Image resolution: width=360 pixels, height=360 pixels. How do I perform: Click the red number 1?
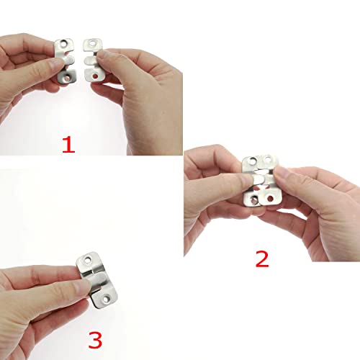(68, 145)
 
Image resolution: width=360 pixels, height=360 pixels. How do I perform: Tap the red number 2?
(262, 259)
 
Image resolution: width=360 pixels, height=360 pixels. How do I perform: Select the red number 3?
(95, 340)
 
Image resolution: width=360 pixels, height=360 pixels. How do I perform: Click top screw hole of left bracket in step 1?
(64, 44)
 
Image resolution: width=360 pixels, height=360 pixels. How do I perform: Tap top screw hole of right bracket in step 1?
(92, 43)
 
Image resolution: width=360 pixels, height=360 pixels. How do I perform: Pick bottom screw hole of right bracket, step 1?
(95, 76)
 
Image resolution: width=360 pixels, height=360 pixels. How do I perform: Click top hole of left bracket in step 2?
(253, 161)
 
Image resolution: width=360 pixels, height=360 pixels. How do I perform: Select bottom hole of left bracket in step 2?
(253, 199)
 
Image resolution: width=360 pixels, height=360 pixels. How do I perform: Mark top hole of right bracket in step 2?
(267, 158)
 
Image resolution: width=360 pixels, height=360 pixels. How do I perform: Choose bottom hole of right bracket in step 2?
(271, 199)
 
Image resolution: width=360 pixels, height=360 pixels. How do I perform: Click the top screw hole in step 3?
(89, 260)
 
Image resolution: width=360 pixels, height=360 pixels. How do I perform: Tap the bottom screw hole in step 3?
(107, 299)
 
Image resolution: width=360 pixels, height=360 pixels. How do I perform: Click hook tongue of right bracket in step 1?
(89, 60)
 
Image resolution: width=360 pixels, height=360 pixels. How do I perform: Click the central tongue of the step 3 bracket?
(98, 280)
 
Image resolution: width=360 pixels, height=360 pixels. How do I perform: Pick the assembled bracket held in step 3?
(96, 280)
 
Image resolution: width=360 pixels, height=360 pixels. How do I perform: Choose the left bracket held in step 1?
(66, 61)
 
